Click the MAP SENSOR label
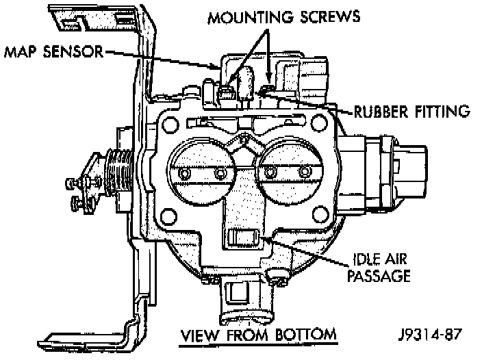tap(54, 51)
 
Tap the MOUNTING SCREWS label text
tap(283, 17)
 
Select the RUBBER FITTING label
tap(412, 111)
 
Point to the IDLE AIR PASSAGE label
tap(379, 268)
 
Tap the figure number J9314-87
tap(430, 335)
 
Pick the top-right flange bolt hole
tap(319, 123)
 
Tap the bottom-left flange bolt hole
tap(168, 216)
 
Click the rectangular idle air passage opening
tap(244, 237)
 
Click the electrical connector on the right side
tap(383, 174)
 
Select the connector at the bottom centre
tap(246, 300)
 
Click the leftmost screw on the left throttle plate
tap(184, 174)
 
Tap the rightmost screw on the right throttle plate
tap(305, 171)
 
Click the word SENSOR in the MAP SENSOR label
tap(73, 51)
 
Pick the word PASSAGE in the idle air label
tap(379, 276)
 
